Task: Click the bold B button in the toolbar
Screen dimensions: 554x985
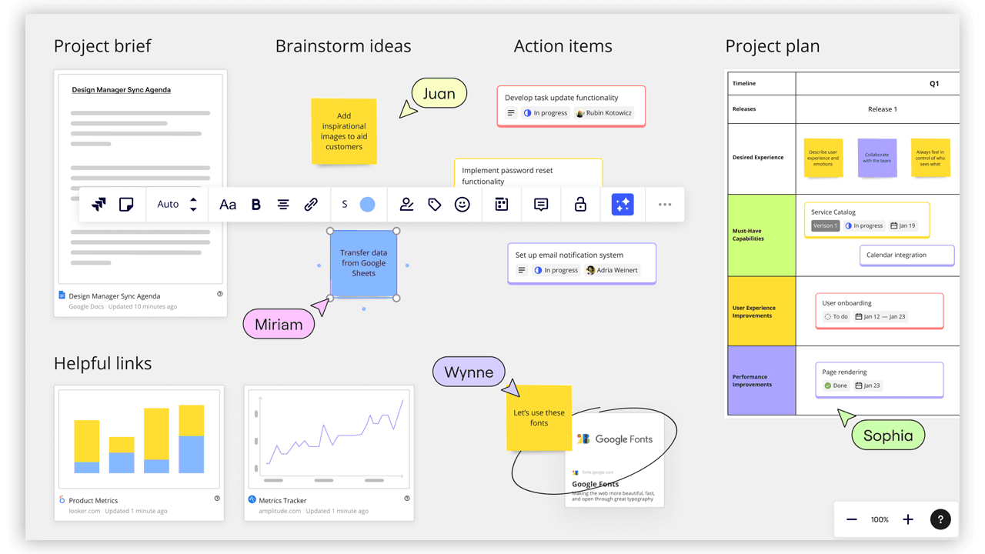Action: tap(256, 205)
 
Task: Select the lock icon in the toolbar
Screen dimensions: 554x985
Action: tap(580, 205)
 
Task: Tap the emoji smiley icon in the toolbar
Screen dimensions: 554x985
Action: tap(462, 205)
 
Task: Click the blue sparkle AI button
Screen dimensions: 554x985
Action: tap(623, 205)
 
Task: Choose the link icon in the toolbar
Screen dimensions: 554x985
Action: tap(311, 205)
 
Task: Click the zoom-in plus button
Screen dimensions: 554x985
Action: tap(908, 519)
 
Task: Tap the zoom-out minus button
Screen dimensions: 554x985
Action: tap(852, 519)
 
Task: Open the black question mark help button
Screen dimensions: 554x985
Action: tap(940, 519)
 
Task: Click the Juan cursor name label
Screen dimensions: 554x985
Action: tap(439, 94)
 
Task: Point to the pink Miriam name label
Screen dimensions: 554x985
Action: tap(279, 325)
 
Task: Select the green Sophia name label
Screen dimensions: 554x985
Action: tap(888, 436)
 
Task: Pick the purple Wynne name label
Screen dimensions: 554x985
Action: tap(469, 372)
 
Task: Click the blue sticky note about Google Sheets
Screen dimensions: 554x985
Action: tap(364, 263)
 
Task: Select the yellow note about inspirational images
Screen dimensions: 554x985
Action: tap(344, 132)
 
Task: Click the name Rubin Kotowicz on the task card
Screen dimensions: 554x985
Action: tap(609, 113)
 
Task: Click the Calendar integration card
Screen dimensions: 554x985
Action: tap(907, 255)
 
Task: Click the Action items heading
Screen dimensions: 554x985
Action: tap(563, 46)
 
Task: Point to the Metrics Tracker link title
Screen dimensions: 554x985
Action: tap(283, 500)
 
